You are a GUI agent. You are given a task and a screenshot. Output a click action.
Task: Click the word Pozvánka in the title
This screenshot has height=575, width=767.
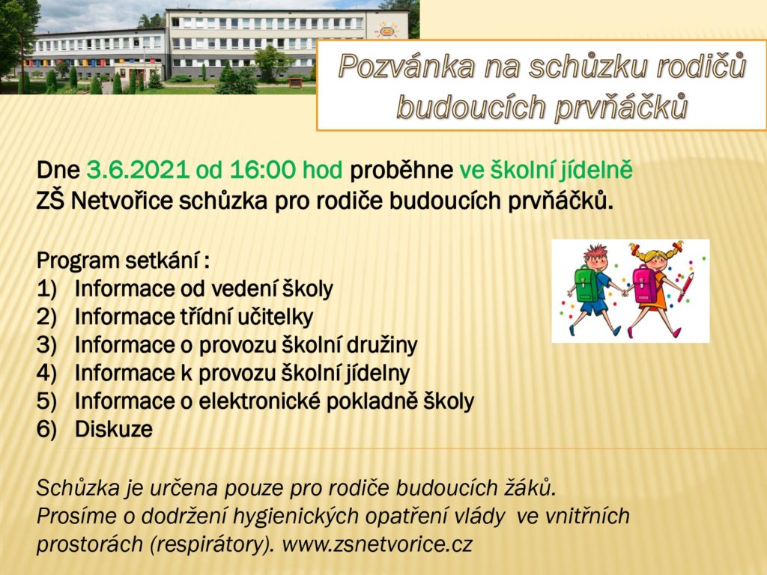(407, 67)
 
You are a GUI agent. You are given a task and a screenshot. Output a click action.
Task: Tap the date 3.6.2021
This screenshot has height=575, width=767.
(138, 170)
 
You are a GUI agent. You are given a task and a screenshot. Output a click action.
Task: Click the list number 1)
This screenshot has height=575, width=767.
(47, 289)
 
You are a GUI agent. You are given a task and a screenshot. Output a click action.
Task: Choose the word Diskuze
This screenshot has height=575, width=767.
(114, 429)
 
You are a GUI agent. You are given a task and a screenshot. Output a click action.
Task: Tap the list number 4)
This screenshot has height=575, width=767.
(47, 373)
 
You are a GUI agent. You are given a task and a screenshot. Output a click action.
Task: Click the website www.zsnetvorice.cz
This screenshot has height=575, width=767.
(378, 544)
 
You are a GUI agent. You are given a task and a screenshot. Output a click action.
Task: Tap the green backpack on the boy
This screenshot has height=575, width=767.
(586, 284)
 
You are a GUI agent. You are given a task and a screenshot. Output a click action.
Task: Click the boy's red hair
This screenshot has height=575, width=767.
(595, 252)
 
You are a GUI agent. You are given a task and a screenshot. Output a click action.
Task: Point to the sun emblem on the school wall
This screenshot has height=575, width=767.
(386, 29)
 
